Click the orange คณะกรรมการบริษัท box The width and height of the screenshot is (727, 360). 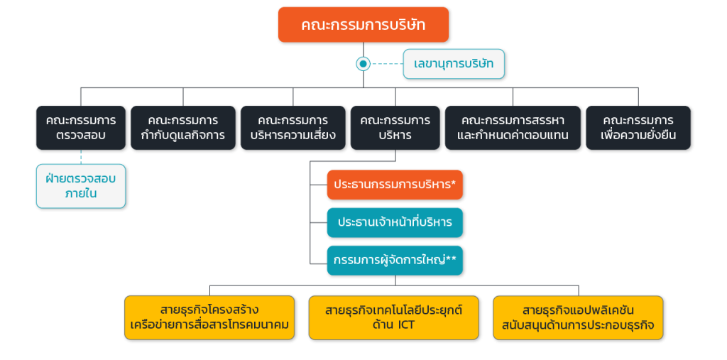(x=363, y=25)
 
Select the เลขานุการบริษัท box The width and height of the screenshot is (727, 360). (x=454, y=64)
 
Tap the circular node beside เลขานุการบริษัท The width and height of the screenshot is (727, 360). (x=363, y=64)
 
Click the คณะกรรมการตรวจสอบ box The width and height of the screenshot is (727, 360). (x=81, y=128)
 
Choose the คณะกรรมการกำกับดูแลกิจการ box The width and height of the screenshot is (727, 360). (x=183, y=128)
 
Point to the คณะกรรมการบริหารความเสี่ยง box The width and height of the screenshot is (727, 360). (x=293, y=128)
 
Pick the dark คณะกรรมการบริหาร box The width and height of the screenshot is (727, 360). (x=395, y=128)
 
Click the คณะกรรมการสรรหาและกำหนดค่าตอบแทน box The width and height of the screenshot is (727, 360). (x=513, y=128)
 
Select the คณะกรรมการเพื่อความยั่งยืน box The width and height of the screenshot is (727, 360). (x=638, y=128)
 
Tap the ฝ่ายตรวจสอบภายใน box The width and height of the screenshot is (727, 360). (x=81, y=186)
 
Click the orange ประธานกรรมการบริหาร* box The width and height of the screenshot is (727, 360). (x=395, y=185)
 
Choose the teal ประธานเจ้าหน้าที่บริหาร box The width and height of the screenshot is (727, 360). (x=395, y=223)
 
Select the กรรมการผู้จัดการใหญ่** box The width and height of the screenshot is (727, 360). (x=395, y=261)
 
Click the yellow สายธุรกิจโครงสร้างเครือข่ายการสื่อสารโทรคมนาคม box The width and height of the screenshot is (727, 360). (x=209, y=318)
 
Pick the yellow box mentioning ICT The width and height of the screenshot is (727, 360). (x=393, y=318)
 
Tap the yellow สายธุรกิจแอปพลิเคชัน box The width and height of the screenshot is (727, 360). (x=578, y=318)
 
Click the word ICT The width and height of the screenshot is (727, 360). (x=405, y=324)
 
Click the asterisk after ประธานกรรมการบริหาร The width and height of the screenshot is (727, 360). (x=454, y=182)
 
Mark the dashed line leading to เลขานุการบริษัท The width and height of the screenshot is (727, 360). (x=387, y=64)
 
